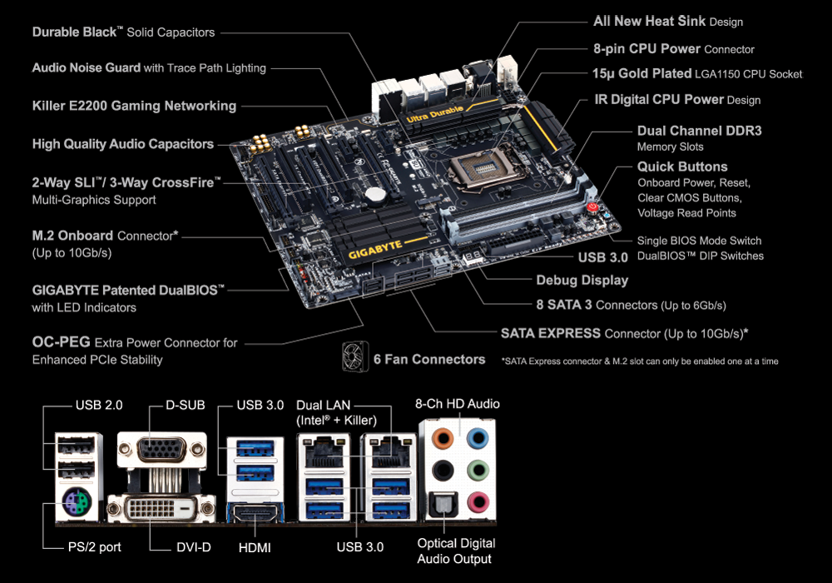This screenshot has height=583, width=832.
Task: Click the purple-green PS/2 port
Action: click(77, 502)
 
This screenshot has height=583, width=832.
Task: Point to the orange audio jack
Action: click(443, 439)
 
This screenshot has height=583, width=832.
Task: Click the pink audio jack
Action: click(478, 501)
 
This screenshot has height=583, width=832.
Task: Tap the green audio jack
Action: click(478, 470)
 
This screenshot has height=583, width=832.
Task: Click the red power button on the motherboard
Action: click(592, 207)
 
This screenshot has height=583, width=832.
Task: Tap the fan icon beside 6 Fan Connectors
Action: click(355, 356)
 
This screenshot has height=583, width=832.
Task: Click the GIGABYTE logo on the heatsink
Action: click(375, 250)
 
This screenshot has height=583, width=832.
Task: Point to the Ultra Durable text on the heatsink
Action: click(434, 114)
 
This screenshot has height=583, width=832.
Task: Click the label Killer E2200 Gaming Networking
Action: click(134, 106)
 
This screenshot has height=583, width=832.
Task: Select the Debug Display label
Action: click(582, 281)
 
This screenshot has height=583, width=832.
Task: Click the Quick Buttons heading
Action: click(682, 167)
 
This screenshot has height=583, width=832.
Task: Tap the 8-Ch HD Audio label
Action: click(458, 404)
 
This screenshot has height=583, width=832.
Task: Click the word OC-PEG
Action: click(62, 342)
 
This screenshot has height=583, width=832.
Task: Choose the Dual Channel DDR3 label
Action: click(700, 131)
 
